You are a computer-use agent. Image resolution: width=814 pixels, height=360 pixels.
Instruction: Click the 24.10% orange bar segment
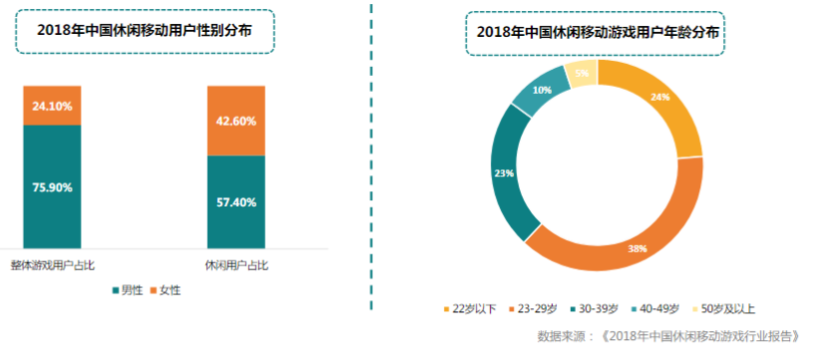(x=52, y=105)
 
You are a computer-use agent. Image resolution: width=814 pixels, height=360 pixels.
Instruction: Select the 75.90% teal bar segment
(x=52, y=186)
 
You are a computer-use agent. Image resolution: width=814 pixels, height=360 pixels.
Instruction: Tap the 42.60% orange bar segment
(x=236, y=121)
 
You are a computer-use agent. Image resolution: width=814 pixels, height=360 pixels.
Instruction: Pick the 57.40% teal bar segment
(x=236, y=201)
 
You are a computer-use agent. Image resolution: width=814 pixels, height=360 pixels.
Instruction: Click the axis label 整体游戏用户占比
(x=52, y=265)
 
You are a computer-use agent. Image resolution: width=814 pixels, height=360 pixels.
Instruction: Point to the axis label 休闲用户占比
(x=236, y=265)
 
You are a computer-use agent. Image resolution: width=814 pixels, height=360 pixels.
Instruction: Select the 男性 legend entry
(x=127, y=290)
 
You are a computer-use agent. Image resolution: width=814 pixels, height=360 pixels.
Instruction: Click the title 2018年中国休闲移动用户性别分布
(x=144, y=30)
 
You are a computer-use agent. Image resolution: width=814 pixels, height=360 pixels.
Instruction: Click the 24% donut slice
(x=659, y=98)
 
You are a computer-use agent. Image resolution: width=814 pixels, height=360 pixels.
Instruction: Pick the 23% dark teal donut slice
(x=503, y=174)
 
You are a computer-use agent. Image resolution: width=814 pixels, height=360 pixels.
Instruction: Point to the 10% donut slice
(x=540, y=90)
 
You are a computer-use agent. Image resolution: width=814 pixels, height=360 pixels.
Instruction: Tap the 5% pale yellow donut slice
(x=582, y=72)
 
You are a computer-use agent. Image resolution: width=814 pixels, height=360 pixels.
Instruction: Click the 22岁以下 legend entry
(x=470, y=308)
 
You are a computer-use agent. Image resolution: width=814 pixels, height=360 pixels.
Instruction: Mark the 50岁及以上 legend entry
(x=734, y=308)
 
